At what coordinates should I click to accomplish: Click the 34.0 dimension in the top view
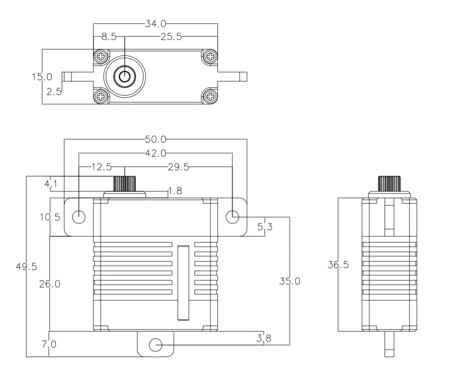tap(156, 23)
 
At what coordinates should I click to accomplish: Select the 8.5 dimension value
tap(109, 37)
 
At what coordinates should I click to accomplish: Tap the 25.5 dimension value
tap(171, 37)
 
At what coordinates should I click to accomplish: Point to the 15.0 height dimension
tap(42, 77)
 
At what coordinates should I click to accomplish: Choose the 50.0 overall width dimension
tap(155, 140)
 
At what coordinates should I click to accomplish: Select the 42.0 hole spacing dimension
tap(155, 153)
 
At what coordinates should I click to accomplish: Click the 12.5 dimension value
tap(101, 167)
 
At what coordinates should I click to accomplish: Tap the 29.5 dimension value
tap(178, 167)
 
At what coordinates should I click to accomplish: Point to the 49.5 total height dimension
tap(26, 267)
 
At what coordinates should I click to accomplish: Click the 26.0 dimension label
tap(49, 284)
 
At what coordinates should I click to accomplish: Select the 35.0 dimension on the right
tap(290, 281)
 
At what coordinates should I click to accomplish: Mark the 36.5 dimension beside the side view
tap(338, 265)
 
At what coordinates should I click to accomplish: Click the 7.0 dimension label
tap(49, 344)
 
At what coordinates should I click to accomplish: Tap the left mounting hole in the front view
tap(79, 217)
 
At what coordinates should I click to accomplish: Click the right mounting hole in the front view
tap(232, 217)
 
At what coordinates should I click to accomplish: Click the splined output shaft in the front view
tap(125, 183)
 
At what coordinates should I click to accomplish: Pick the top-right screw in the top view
tap(210, 56)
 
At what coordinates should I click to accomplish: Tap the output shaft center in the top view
tap(125, 76)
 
